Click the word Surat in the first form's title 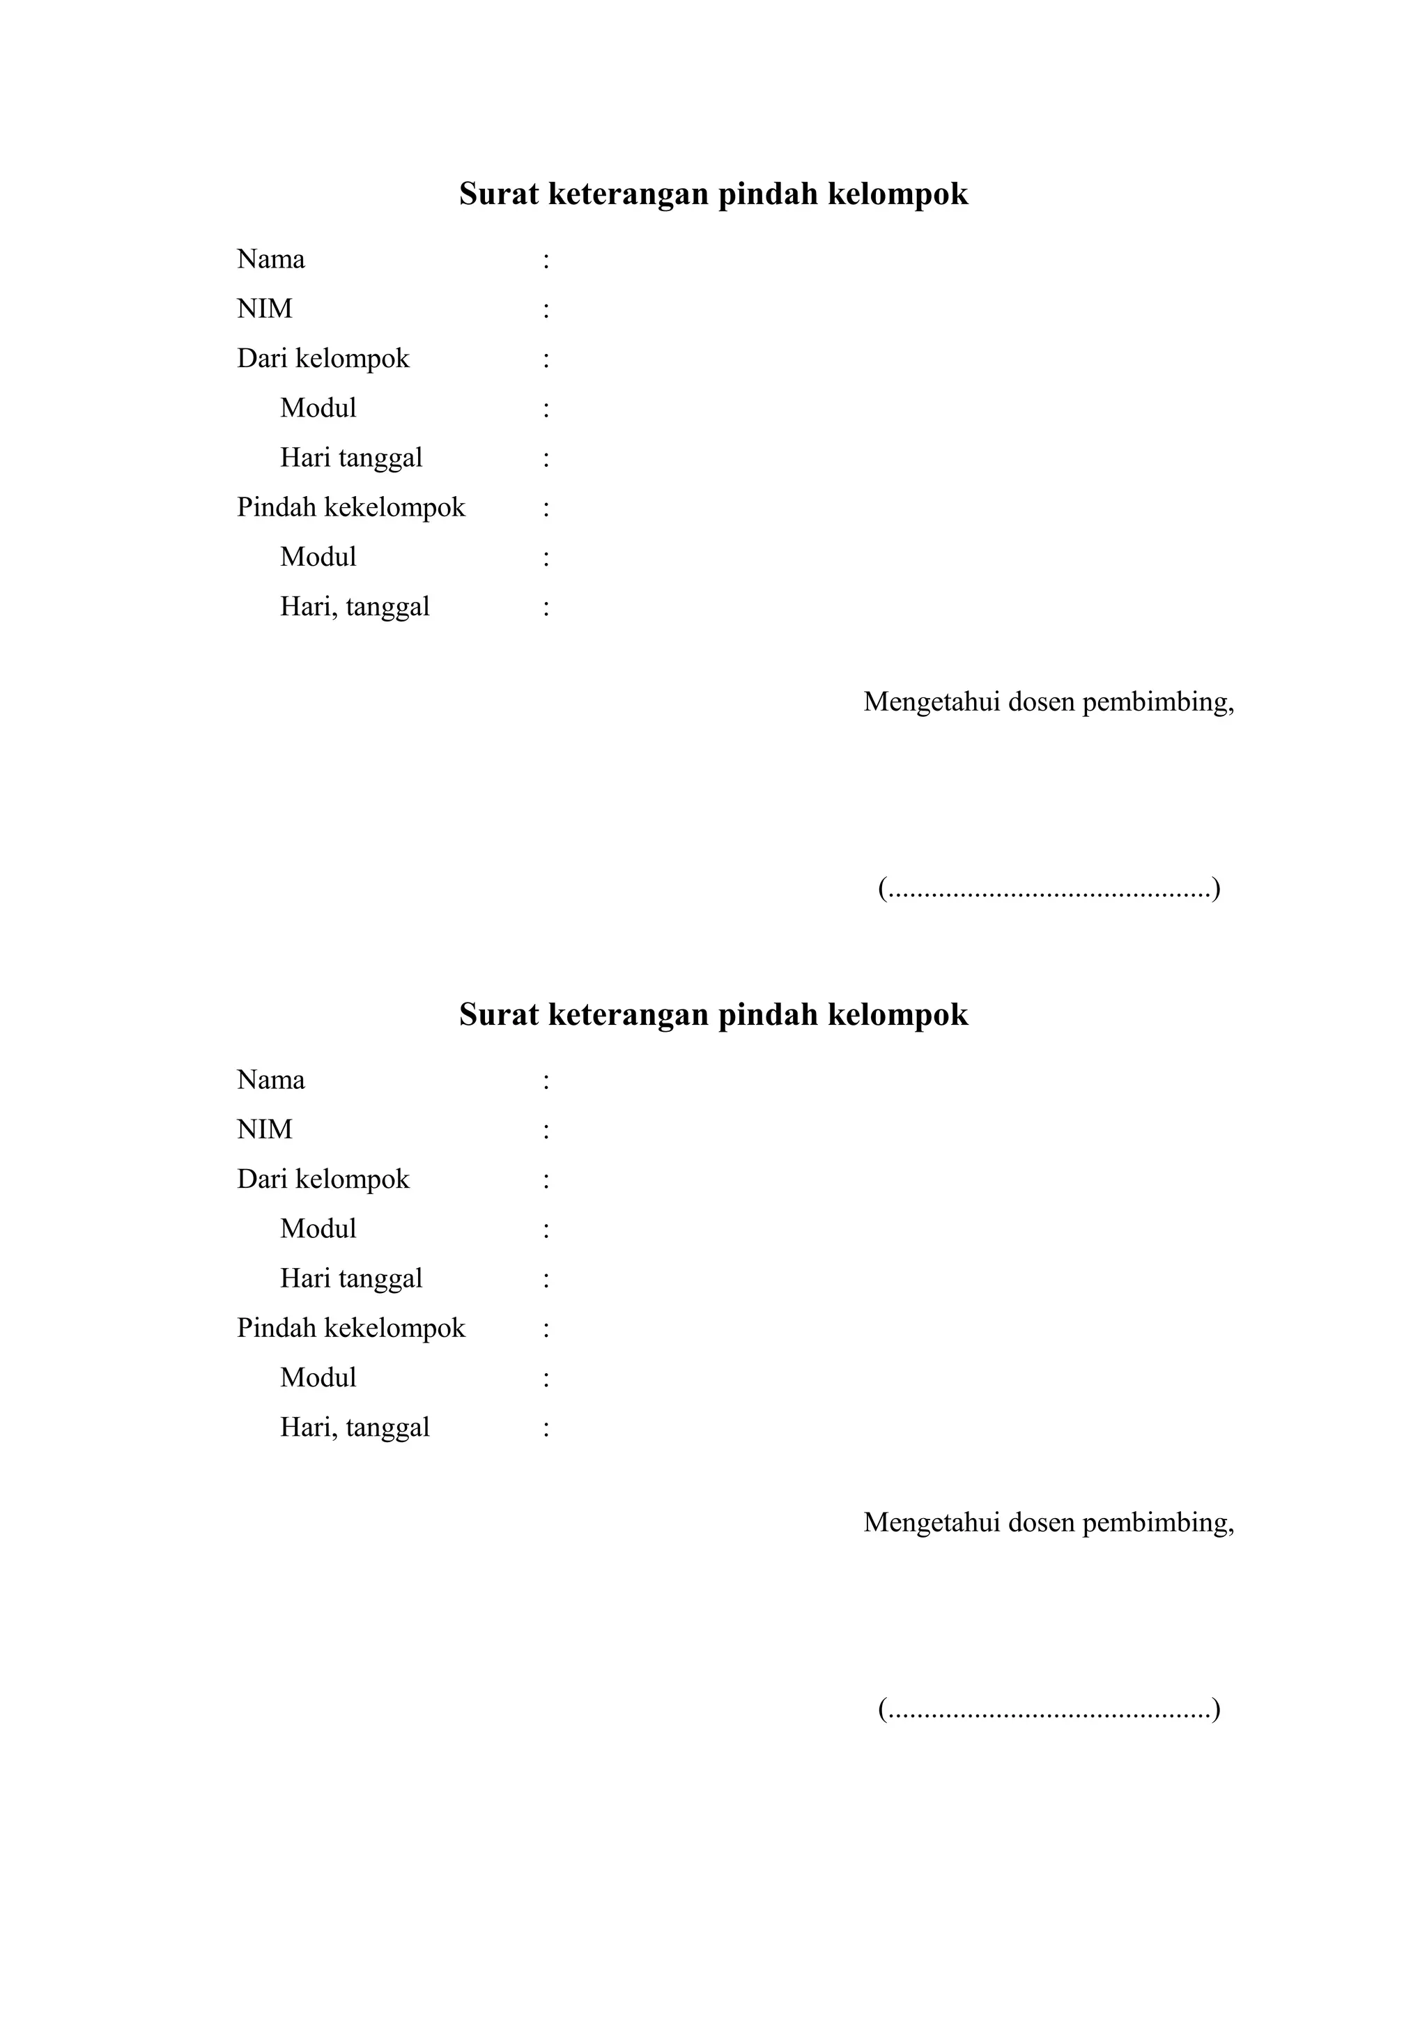[x=497, y=194]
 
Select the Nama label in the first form [x=271, y=259]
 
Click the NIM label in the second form [x=265, y=1129]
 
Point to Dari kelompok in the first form [x=323, y=359]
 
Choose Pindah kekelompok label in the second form [x=350, y=1328]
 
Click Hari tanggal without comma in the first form [x=350, y=458]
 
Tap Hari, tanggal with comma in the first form [x=355, y=607]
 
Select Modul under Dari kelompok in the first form [x=318, y=408]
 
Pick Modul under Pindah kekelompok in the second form [x=318, y=1377]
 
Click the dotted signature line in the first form [x=1049, y=889]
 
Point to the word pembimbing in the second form [x=1158, y=1522]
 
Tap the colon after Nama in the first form [x=546, y=261]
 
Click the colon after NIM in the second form [x=546, y=1130]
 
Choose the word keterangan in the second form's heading [x=628, y=1015]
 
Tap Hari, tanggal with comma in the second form [x=355, y=1428]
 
